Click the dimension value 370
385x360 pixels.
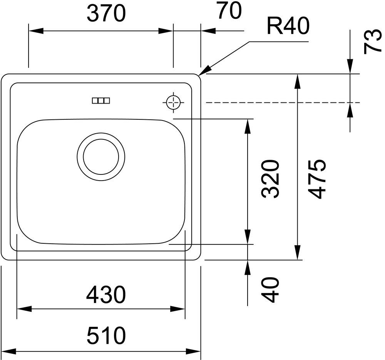pyautogui.click(x=106, y=13)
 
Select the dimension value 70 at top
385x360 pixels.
pyautogui.click(x=229, y=11)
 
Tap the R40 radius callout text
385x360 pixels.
pyautogui.click(x=288, y=26)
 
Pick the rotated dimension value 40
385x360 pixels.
pyautogui.click(x=271, y=290)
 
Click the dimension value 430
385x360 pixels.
pyautogui.click(x=106, y=295)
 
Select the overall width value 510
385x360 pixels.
pyautogui.click(x=106, y=335)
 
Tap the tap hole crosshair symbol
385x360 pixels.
pyautogui.click(x=174, y=102)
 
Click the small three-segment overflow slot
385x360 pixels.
pyautogui.click(x=101, y=100)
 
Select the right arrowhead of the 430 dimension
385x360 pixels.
pyautogui.click(x=177, y=309)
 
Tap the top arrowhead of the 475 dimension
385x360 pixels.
pyautogui.click(x=297, y=81)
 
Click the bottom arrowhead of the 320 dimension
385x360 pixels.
pyautogui.click(x=248, y=237)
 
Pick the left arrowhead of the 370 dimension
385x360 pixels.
pyautogui.click(x=36, y=31)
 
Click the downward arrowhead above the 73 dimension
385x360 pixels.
pyautogui.click(x=350, y=67)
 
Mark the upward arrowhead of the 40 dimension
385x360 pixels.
pyautogui.click(x=248, y=267)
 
